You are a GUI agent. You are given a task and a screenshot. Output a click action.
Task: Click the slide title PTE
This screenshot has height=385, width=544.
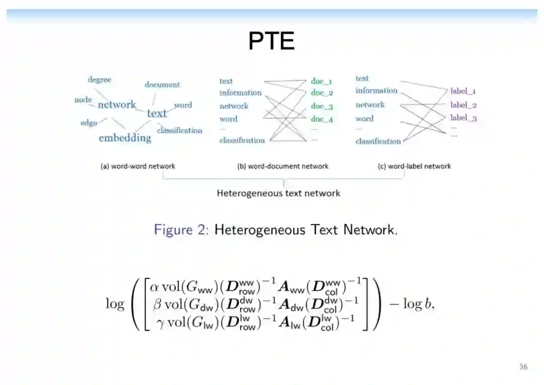coord(271,41)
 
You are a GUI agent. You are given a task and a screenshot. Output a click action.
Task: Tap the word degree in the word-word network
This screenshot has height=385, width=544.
coord(99,80)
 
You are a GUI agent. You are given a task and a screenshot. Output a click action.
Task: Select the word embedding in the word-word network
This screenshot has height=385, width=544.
coord(125,138)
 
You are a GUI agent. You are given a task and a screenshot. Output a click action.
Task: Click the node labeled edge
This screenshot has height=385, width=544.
coord(89,123)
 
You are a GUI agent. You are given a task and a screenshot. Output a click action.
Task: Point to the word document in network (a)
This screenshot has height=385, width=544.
coord(162,85)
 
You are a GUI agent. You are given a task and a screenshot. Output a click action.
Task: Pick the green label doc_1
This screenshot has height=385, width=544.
coord(321,81)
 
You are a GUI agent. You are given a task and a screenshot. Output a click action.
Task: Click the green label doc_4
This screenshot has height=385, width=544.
coord(321,119)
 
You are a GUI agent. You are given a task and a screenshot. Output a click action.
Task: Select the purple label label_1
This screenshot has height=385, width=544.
coord(463,91)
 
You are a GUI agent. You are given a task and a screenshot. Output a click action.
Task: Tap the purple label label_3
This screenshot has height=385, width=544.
coord(463,118)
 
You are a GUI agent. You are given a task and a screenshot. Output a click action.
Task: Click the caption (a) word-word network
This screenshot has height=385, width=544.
coord(138,166)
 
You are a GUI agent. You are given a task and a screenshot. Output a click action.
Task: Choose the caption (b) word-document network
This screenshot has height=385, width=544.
coord(283,166)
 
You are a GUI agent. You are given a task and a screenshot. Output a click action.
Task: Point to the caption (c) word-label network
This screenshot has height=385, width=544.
coord(415,166)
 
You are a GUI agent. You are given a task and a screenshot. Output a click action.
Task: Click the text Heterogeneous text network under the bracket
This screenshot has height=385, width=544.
coord(278,193)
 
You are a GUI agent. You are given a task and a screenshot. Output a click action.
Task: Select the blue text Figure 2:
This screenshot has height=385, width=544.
coord(181,230)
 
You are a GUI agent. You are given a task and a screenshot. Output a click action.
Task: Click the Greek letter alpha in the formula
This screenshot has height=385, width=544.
coord(155,286)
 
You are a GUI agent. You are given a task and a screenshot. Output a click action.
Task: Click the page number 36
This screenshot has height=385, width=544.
coord(523,367)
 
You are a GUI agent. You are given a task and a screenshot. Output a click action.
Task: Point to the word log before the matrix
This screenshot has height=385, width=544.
coord(115,303)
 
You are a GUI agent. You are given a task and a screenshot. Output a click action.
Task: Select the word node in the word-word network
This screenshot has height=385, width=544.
coord(83,100)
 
